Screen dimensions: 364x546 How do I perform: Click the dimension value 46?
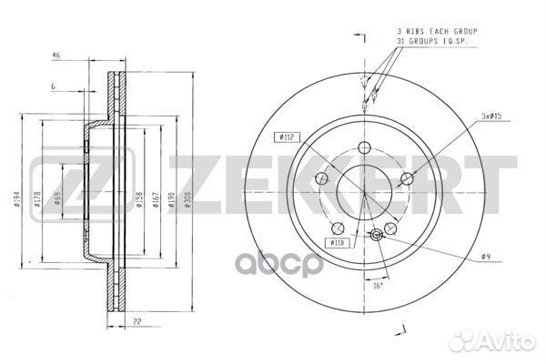[x=56, y=56]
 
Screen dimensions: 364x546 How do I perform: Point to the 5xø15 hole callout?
[x=492, y=115]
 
